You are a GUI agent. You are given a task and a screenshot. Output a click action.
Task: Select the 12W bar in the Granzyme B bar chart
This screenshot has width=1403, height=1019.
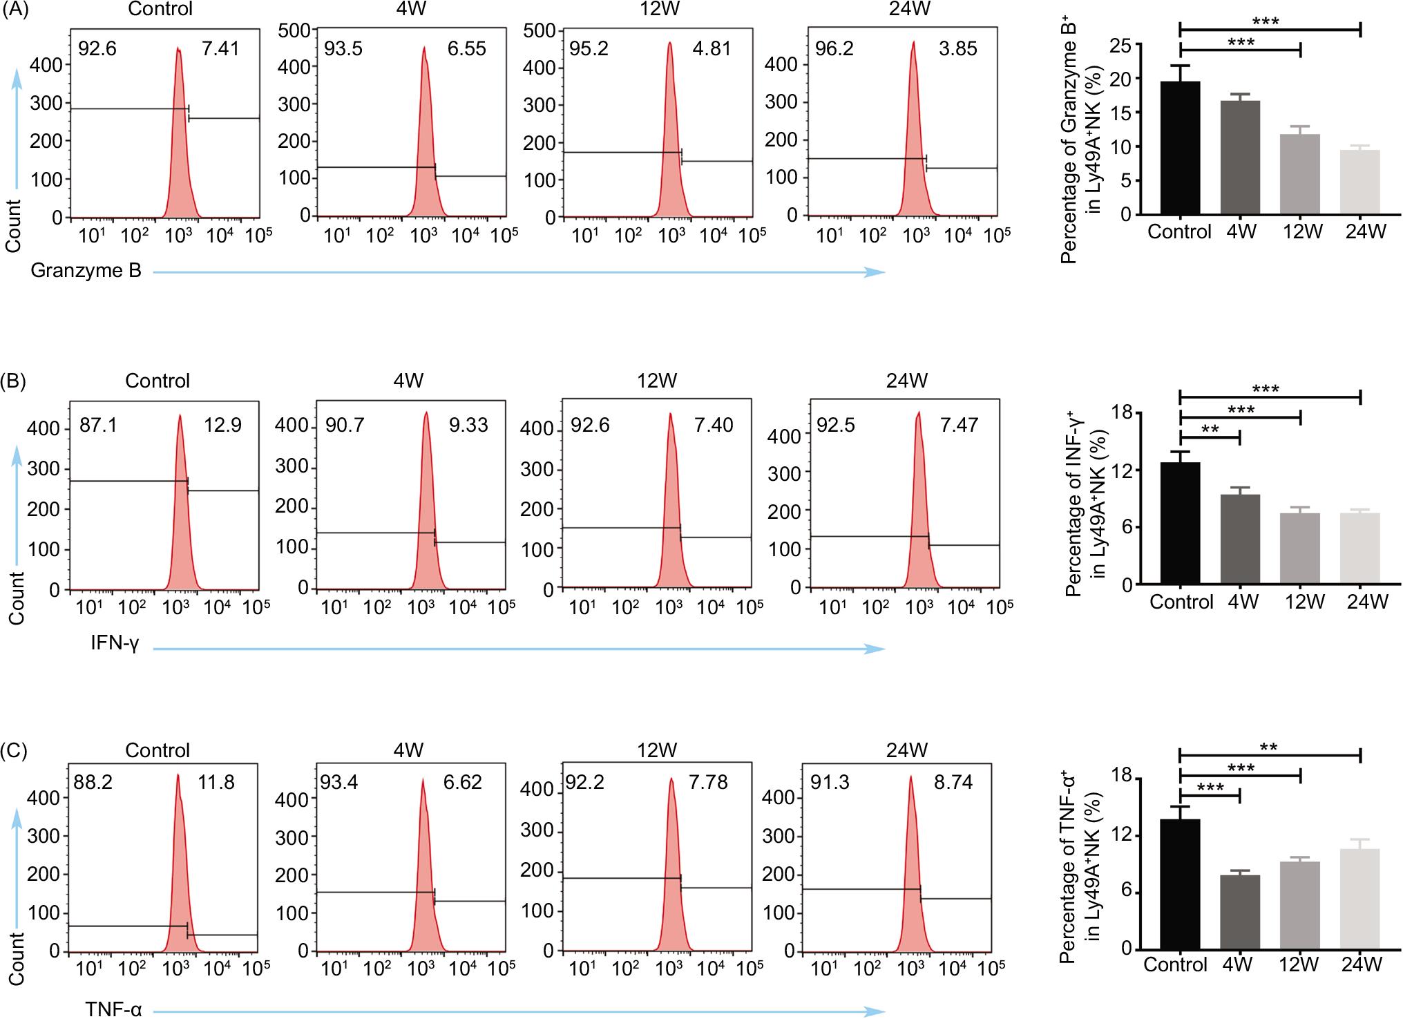1299,174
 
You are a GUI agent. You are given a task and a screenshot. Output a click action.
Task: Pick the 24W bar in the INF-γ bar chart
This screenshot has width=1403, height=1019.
1359,549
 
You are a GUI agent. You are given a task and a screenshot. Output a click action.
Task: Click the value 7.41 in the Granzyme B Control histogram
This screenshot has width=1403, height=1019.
220,50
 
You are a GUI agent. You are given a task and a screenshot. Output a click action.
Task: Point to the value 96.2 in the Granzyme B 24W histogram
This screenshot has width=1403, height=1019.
834,50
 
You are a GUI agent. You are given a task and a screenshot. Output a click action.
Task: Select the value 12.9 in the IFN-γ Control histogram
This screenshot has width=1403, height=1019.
222,425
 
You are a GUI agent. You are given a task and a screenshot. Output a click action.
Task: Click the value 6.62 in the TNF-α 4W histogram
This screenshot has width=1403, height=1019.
462,782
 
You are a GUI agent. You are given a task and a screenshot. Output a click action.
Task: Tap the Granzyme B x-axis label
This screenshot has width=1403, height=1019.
86,271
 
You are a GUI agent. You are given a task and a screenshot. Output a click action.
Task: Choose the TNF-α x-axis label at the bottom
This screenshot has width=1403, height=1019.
113,1010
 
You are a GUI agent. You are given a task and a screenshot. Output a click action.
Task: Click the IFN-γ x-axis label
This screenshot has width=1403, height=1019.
115,644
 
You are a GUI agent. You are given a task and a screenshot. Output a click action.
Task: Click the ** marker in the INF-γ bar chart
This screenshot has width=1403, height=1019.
1209,429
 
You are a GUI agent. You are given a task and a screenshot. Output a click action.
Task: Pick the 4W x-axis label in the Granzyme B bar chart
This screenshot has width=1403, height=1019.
1241,231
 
